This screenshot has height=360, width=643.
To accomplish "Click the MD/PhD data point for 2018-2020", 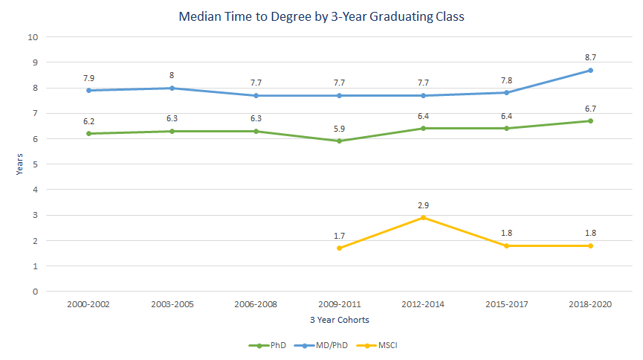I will click(x=590, y=71).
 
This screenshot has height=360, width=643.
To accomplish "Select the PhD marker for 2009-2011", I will click(x=340, y=141).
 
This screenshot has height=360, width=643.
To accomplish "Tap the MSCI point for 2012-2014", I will click(x=423, y=217).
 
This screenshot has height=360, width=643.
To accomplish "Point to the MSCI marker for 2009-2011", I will click(x=340, y=248).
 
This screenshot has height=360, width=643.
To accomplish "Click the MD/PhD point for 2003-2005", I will click(x=172, y=88).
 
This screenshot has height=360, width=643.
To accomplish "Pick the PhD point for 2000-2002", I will click(x=88, y=134).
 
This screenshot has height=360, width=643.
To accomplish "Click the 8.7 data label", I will click(x=590, y=57).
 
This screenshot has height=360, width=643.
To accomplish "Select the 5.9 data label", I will click(x=340, y=127).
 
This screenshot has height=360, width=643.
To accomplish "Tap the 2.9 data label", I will click(x=423, y=203).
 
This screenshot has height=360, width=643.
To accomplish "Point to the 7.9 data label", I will click(x=88, y=77).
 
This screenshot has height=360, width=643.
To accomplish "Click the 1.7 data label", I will click(x=340, y=234).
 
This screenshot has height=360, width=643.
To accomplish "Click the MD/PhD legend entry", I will click(x=323, y=345).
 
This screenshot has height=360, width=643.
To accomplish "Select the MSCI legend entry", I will click(x=381, y=345).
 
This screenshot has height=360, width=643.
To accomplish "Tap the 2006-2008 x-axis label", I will click(x=256, y=305).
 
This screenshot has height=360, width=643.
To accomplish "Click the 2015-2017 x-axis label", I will click(x=506, y=305).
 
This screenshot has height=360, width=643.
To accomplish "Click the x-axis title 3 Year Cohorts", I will click(x=340, y=320).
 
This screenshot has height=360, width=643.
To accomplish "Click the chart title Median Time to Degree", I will click(x=321, y=16).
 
